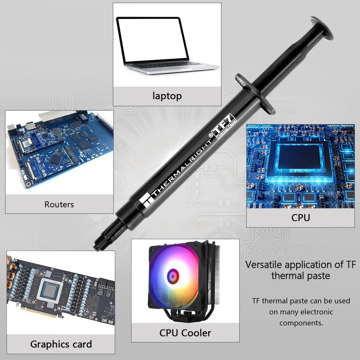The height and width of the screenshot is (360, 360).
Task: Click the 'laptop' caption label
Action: click(167, 95)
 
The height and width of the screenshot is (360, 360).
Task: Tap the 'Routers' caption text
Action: click(59, 204)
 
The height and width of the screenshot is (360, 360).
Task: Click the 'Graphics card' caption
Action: click(61, 344)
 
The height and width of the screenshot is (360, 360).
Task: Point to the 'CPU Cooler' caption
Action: click(185, 333)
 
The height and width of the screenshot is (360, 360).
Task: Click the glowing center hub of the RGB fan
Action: click(172, 275)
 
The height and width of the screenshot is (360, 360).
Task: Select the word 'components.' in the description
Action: click(301, 323)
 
